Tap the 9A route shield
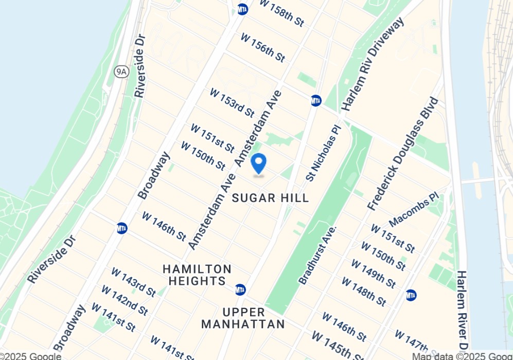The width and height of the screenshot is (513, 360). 121,72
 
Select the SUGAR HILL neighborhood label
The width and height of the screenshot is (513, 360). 271,198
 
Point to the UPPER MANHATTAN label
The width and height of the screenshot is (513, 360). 243,318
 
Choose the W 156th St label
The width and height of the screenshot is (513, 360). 262,48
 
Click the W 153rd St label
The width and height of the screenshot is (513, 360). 232,102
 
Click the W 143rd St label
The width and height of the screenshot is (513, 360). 133,282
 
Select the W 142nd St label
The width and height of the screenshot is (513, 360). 124,300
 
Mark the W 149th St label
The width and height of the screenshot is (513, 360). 373,273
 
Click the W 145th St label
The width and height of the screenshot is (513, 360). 337,345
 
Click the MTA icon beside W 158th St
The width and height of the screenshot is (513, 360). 243,9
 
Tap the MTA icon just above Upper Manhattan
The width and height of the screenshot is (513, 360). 240,289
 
